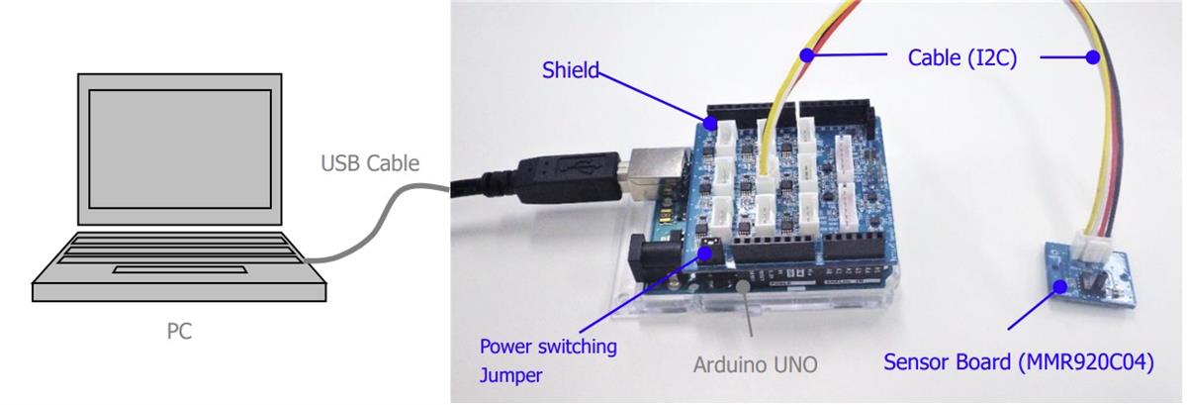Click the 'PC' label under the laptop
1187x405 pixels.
[178, 331]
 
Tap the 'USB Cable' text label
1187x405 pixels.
[371, 163]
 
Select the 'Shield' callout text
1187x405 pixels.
[571, 70]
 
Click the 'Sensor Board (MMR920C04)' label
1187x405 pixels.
[1019, 361]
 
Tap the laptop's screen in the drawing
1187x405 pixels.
[180, 149]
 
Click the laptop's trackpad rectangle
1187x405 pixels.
[180, 269]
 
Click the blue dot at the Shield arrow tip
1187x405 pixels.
[710, 124]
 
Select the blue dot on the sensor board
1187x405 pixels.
[1060, 286]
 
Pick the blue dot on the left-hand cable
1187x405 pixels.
[808, 55]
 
